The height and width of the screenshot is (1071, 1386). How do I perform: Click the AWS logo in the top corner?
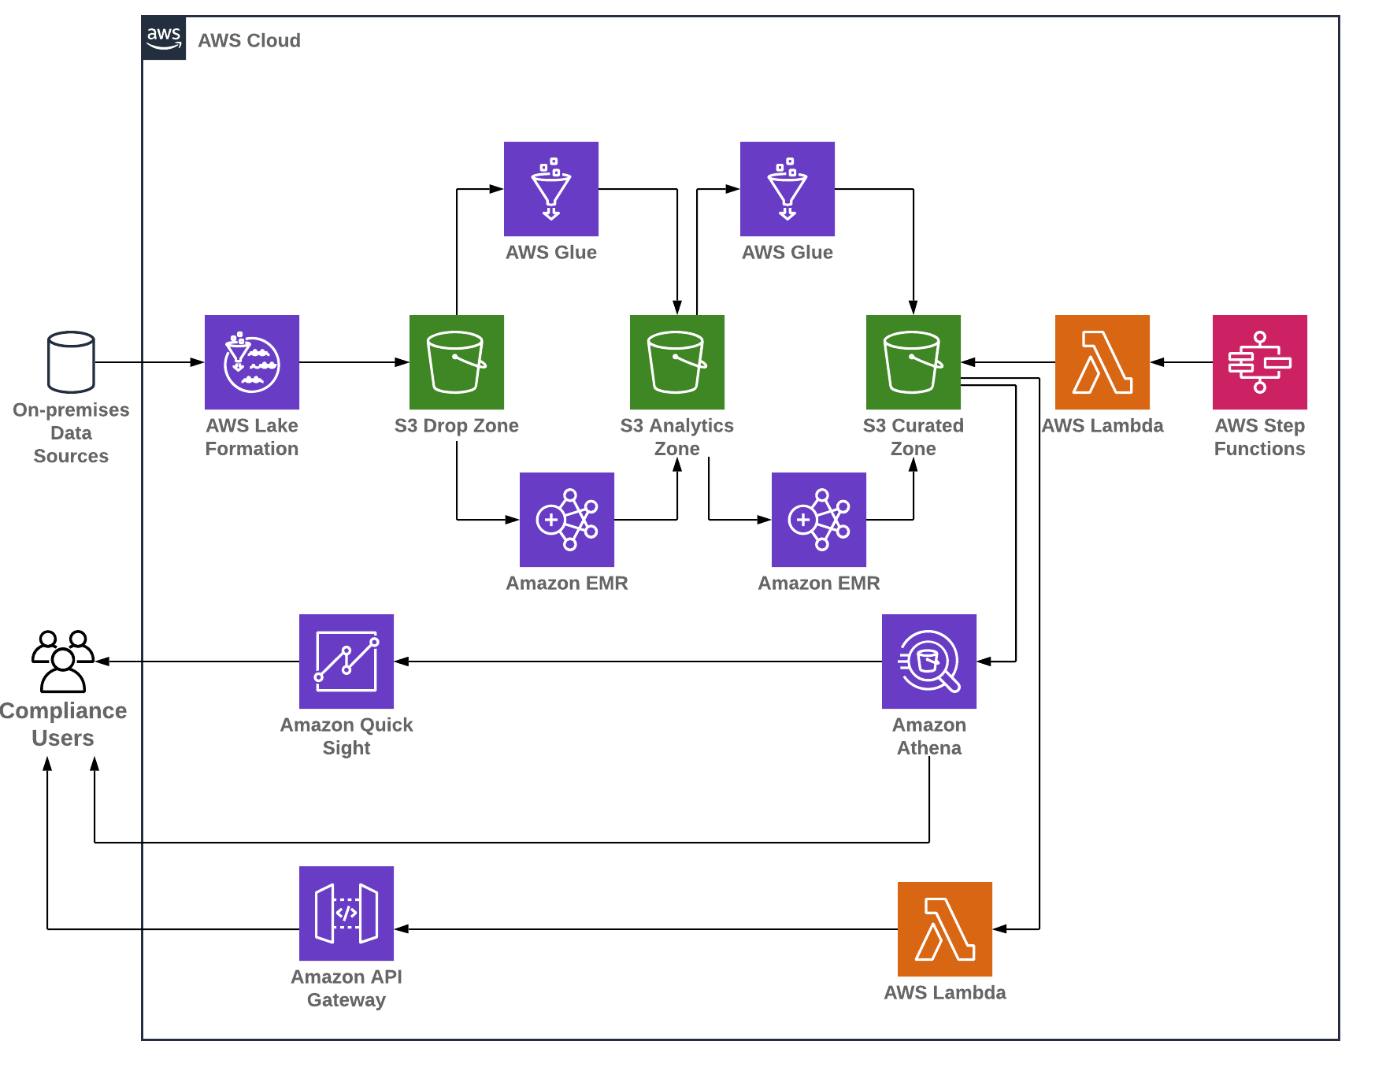click(x=164, y=38)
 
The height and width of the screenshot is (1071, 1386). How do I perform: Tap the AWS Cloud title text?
click(x=249, y=41)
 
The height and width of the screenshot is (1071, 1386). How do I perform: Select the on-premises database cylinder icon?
click(x=71, y=362)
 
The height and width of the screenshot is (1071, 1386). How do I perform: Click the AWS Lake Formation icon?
click(x=252, y=362)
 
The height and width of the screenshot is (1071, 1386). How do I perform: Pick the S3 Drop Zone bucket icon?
click(x=457, y=362)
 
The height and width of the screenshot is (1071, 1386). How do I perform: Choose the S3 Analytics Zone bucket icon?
click(x=677, y=362)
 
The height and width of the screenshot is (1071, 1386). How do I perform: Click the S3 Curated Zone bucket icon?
click(x=913, y=362)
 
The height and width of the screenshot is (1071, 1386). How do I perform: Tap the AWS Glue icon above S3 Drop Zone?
click(x=551, y=189)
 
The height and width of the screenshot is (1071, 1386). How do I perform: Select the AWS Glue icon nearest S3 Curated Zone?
click(x=787, y=189)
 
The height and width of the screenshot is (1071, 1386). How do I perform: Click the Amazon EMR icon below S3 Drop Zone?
click(x=567, y=520)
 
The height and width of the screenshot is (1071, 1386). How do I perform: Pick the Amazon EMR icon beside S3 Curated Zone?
click(x=819, y=520)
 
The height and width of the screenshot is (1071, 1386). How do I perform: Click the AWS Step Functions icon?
click(x=1260, y=362)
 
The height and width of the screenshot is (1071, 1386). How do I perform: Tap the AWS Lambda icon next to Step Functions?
click(x=1102, y=362)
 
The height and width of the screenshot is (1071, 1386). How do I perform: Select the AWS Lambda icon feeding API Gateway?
click(x=945, y=929)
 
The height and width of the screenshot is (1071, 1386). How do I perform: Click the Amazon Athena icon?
click(x=929, y=661)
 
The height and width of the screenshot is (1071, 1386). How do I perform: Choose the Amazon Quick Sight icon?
click(x=346, y=661)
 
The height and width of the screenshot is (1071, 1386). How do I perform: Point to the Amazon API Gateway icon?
click(x=346, y=913)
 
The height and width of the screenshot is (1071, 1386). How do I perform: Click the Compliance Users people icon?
click(x=63, y=661)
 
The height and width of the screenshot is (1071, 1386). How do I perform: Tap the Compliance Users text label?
click(x=63, y=724)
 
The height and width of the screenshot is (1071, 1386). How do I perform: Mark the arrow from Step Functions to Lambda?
click(x=1181, y=362)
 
